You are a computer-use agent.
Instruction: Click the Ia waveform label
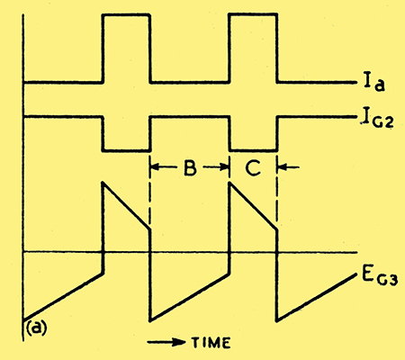(x=374, y=82)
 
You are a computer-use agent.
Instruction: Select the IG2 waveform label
(x=377, y=120)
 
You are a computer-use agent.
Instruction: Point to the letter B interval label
(x=190, y=168)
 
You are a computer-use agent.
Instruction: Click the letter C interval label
(x=253, y=168)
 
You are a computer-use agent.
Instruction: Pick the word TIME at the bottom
(x=211, y=343)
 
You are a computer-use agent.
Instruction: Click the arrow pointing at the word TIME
(x=166, y=342)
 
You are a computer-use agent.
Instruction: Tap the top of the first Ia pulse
(x=126, y=14)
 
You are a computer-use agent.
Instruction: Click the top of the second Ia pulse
(x=253, y=14)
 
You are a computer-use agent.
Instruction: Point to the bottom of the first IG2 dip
(x=126, y=150)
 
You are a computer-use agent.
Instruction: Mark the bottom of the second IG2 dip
(x=253, y=150)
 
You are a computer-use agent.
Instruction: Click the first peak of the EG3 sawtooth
(x=103, y=182)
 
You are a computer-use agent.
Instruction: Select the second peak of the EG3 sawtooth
(x=229, y=182)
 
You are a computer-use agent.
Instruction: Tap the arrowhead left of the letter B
(x=154, y=167)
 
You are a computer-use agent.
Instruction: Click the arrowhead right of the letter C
(x=282, y=167)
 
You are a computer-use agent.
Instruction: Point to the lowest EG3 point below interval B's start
(x=150, y=321)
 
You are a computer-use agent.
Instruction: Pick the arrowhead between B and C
(x=225, y=167)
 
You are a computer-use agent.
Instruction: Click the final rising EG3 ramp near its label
(x=317, y=298)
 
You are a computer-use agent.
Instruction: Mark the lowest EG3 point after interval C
(x=277, y=321)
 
